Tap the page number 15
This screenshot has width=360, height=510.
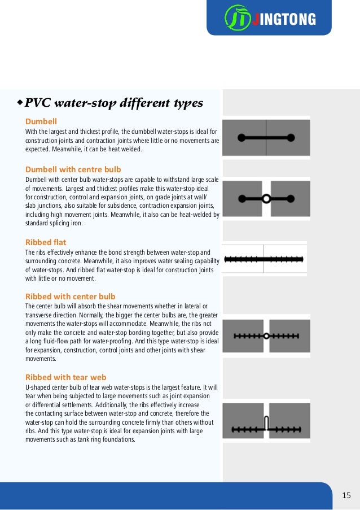click(x=346, y=495)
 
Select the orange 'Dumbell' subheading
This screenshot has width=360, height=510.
click(x=41, y=121)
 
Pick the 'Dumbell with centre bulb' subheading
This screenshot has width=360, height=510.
click(x=73, y=169)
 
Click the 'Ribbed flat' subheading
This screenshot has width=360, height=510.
click(x=46, y=242)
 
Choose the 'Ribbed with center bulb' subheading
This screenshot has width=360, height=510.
click(x=71, y=296)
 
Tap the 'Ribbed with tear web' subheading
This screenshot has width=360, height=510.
click(x=66, y=377)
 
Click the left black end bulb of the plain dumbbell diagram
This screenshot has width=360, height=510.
click(x=242, y=137)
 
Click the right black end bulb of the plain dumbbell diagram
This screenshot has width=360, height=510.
click(x=291, y=137)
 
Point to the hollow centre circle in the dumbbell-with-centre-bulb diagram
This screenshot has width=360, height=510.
click(x=266, y=198)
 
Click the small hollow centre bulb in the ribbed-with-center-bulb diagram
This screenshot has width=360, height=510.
click(x=266, y=335)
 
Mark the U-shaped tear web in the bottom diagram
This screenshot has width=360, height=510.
click(x=266, y=422)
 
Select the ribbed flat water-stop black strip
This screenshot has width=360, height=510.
click(x=264, y=259)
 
